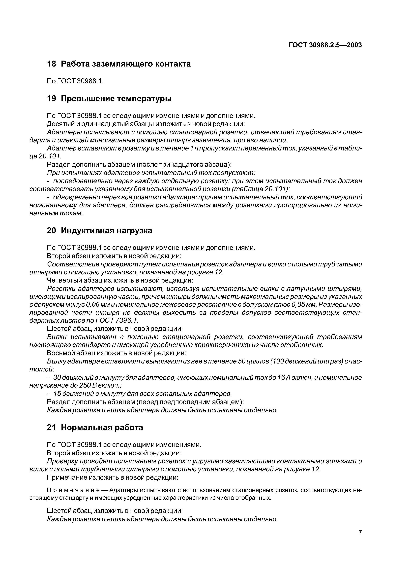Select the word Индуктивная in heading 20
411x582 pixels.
pyautogui.click(x=89, y=230)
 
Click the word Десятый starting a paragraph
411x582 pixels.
pyautogui.click(x=60, y=124)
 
